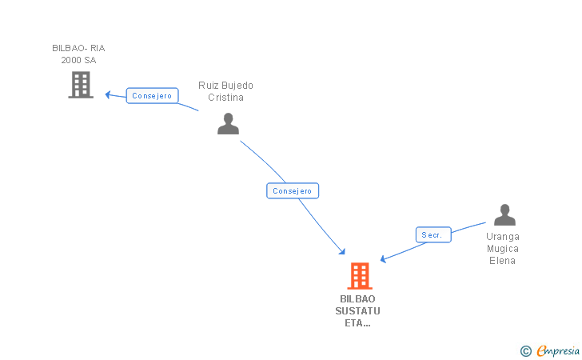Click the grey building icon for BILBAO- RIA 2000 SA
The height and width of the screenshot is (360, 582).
(x=80, y=85)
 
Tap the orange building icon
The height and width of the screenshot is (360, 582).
(x=360, y=276)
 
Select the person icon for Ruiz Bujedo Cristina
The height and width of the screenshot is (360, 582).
(x=229, y=124)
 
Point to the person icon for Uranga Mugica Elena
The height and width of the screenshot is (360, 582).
(x=504, y=215)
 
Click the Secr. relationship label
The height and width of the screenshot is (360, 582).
(x=433, y=234)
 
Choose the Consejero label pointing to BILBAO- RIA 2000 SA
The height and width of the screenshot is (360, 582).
(x=152, y=96)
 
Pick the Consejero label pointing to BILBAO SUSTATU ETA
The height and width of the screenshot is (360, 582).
(x=293, y=191)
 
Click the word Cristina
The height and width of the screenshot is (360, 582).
(x=225, y=98)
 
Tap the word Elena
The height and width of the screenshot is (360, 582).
(x=503, y=260)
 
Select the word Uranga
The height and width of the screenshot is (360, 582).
(x=503, y=237)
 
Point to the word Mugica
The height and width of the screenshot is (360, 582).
(x=503, y=249)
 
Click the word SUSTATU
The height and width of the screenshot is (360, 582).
(x=358, y=310)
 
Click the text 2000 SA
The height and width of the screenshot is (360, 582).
(x=78, y=60)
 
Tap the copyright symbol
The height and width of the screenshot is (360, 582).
(x=525, y=350)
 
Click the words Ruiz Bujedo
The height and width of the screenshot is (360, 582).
(x=225, y=86)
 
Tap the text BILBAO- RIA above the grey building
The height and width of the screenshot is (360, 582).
(x=78, y=48)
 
